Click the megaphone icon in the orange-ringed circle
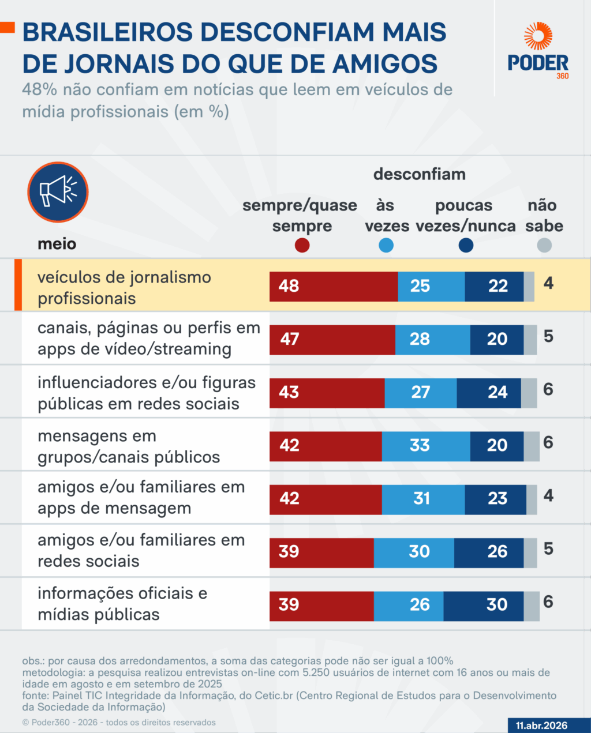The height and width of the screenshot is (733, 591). coord(58,192)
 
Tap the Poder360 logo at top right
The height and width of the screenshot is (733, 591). coord(538,51)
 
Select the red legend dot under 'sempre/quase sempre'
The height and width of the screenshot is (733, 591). coord(302,246)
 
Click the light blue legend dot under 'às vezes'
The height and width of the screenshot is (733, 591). coord(386,246)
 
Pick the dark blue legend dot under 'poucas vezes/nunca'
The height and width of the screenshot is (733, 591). coord(466,246)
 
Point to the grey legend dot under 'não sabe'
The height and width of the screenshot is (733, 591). coord(544,246)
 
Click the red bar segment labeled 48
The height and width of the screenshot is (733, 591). coord(333,286)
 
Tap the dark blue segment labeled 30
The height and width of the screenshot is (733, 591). coord(483,605)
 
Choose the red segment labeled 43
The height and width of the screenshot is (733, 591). coord(327,393)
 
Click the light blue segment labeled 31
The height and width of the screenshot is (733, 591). coord(423,499)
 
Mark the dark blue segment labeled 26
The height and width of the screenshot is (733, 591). coord(488,552)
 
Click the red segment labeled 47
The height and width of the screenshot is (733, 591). coord(332,339)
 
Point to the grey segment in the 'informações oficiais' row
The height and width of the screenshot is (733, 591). coord(532,606)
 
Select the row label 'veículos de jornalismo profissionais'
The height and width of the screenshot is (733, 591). coord(124,287)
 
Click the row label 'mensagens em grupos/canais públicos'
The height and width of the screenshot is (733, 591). coord(129,446)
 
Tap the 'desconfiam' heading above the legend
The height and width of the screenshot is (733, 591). coord(419,174)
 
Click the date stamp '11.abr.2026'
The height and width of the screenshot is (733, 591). coord(541,726)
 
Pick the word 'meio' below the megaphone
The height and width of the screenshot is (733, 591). coord(57,244)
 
